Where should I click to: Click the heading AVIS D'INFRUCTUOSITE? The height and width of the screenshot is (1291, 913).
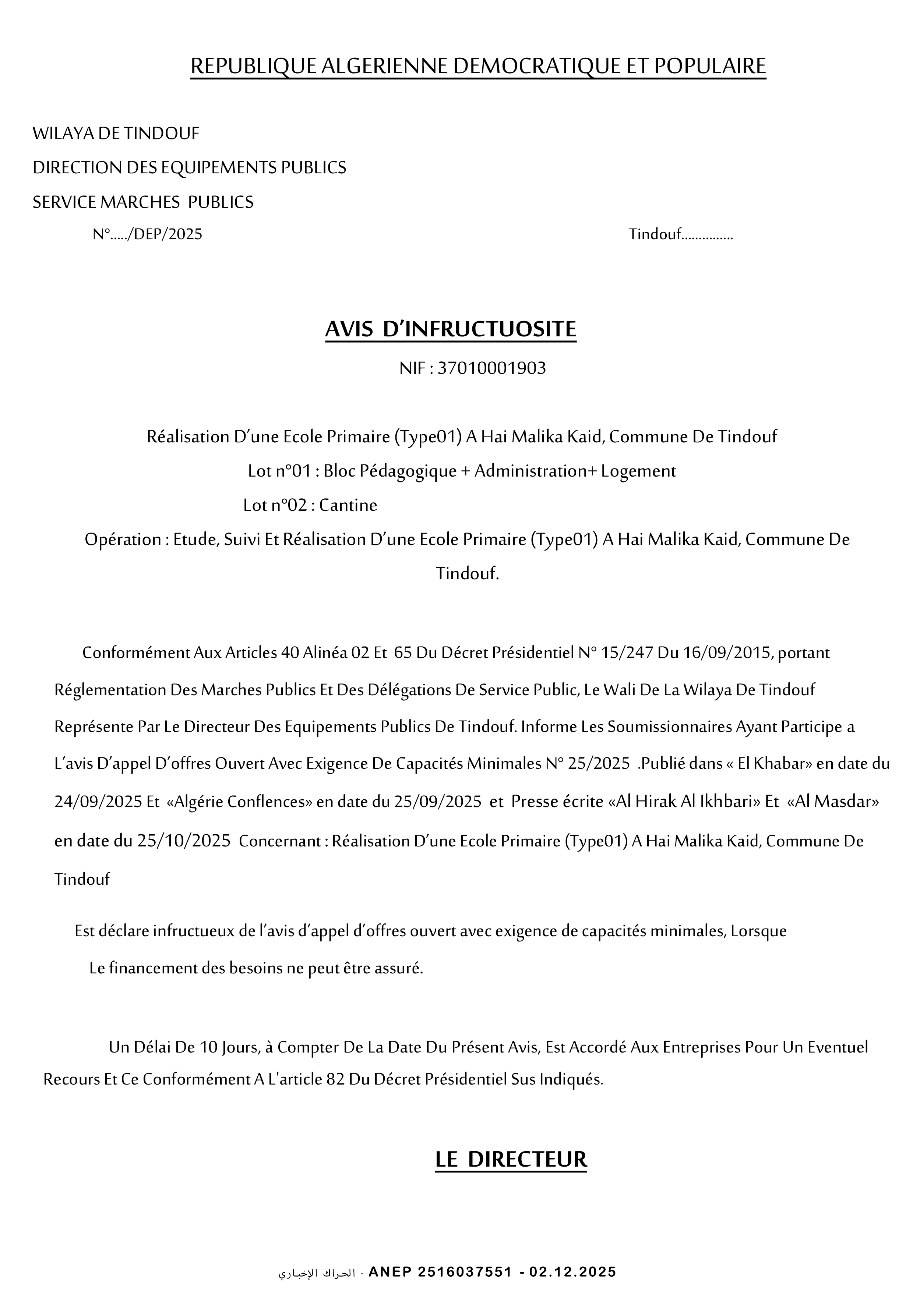451,329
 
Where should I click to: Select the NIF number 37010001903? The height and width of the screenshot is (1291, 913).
491,368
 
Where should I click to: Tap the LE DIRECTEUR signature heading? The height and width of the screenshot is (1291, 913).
511,1159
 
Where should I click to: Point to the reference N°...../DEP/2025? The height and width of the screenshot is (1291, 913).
147,234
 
